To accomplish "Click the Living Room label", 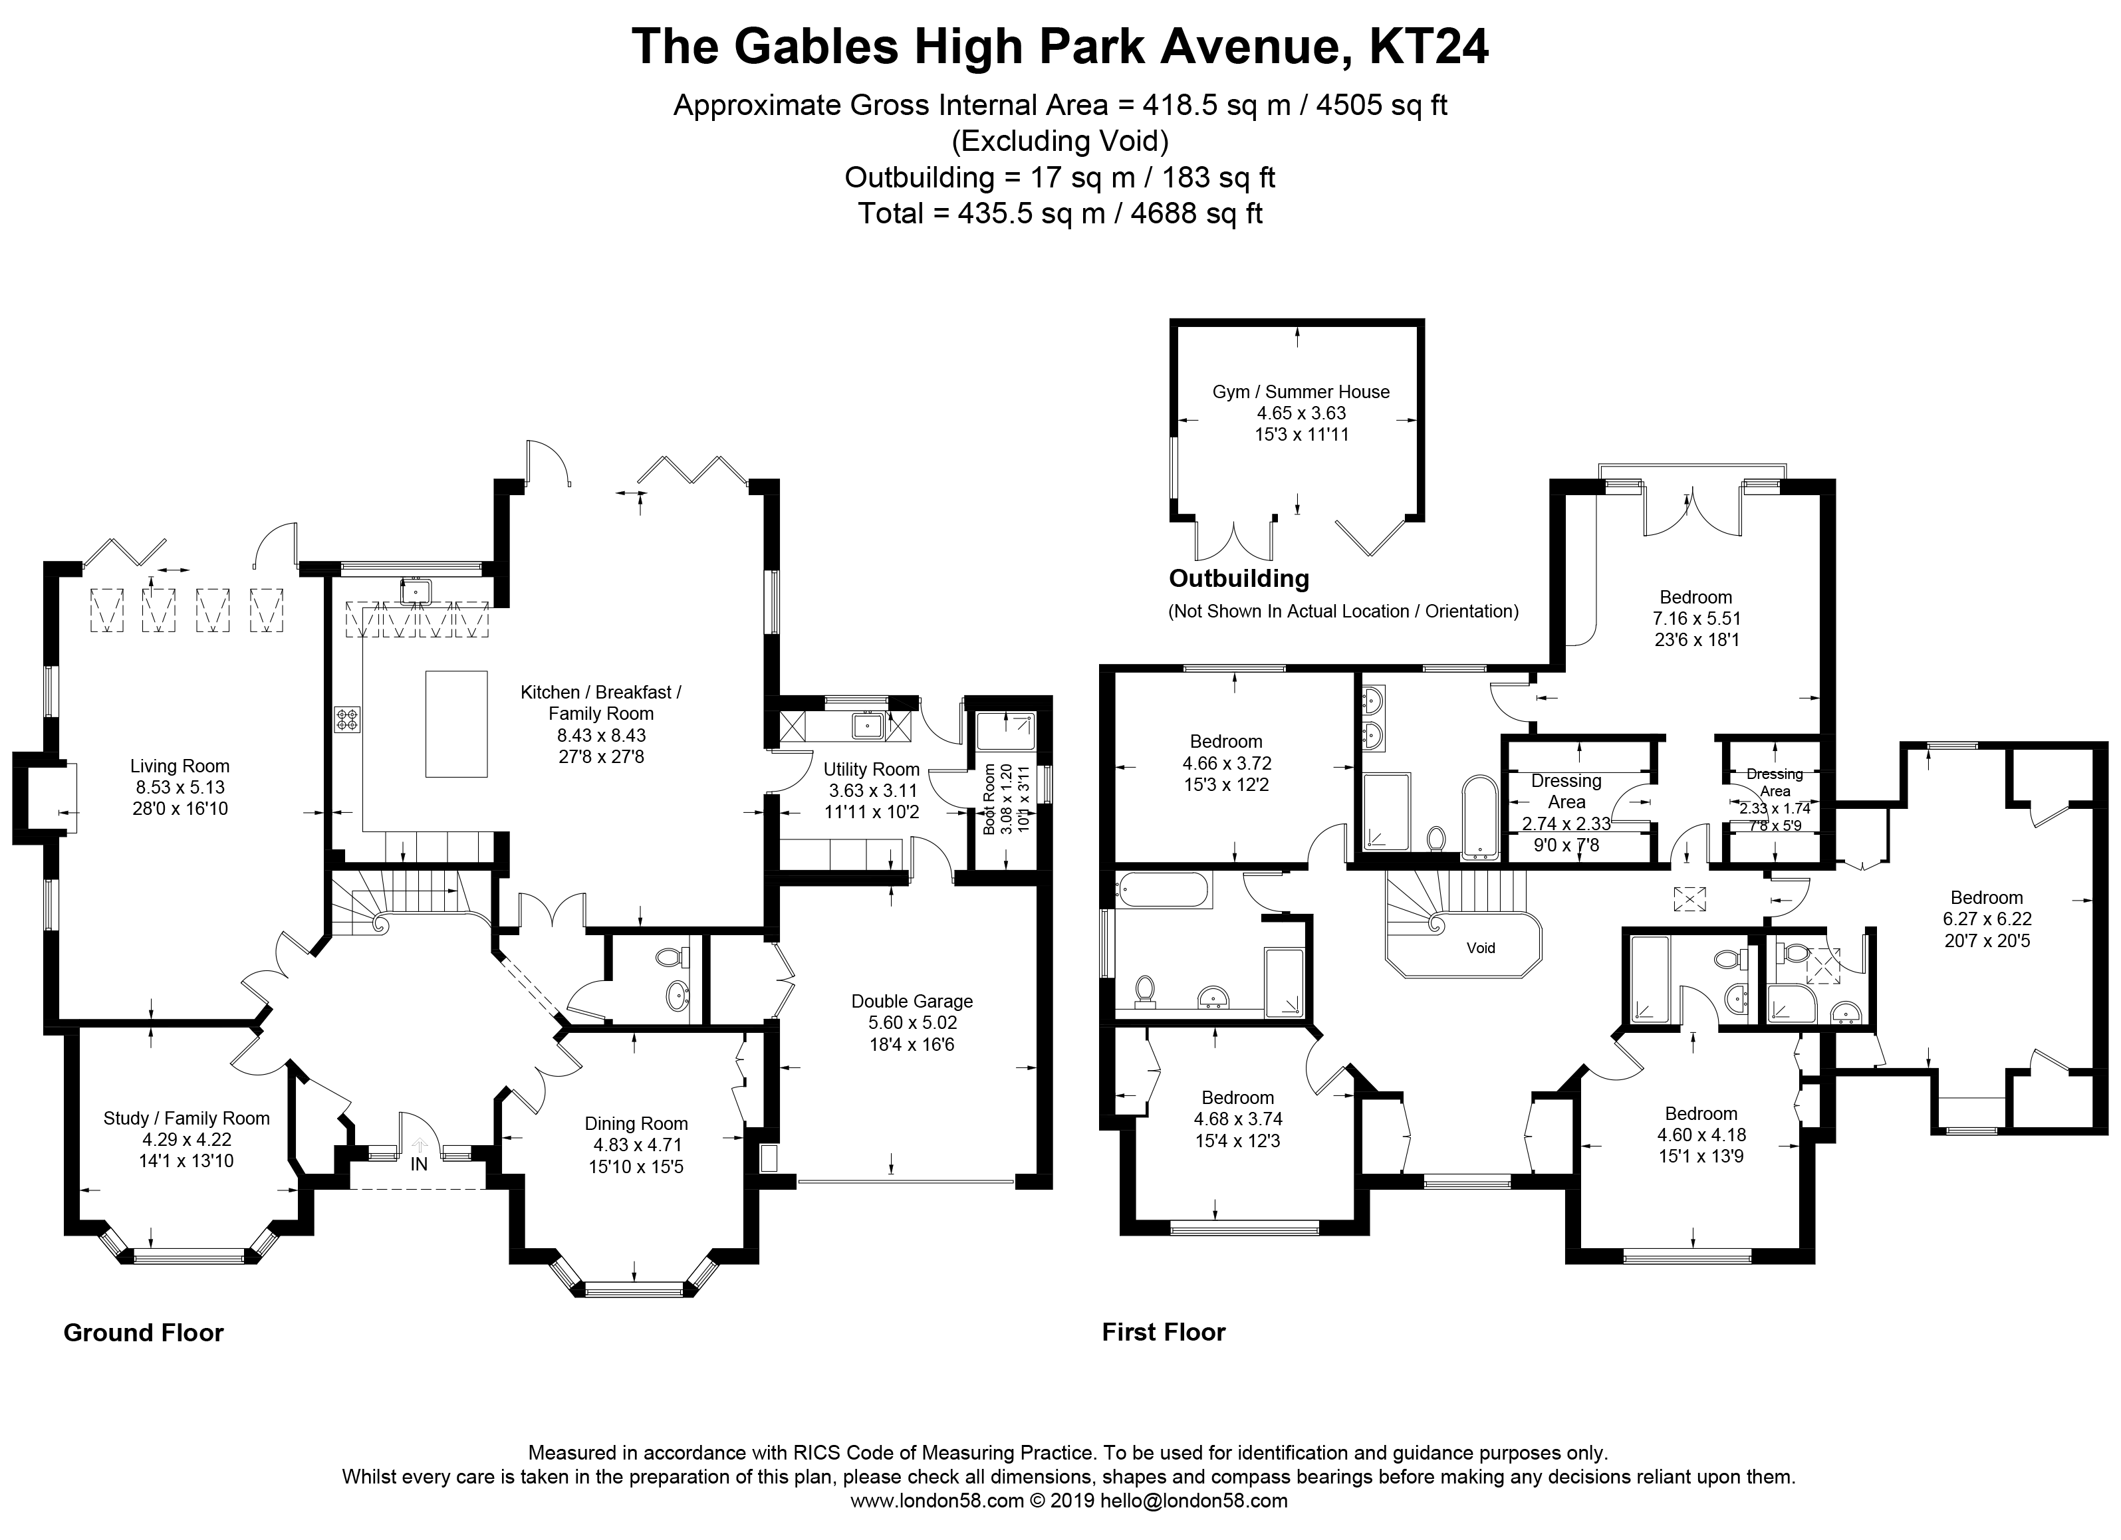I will click(x=180, y=766).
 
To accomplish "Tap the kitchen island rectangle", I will click(x=456, y=724).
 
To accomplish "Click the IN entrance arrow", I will click(x=419, y=1145).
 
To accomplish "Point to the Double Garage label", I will click(x=912, y=1002).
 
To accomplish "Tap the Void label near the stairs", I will click(x=1481, y=948).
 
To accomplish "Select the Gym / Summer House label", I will click(x=1301, y=391).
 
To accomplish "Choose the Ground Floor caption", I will click(x=143, y=1333).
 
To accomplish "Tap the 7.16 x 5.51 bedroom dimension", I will click(x=1695, y=618).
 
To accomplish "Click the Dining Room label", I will click(x=636, y=1124).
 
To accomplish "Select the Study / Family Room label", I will click(x=186, y=1119).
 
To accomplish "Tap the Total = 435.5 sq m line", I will click(x=1060, y=213).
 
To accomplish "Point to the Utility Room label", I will click(x=870, y=770).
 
